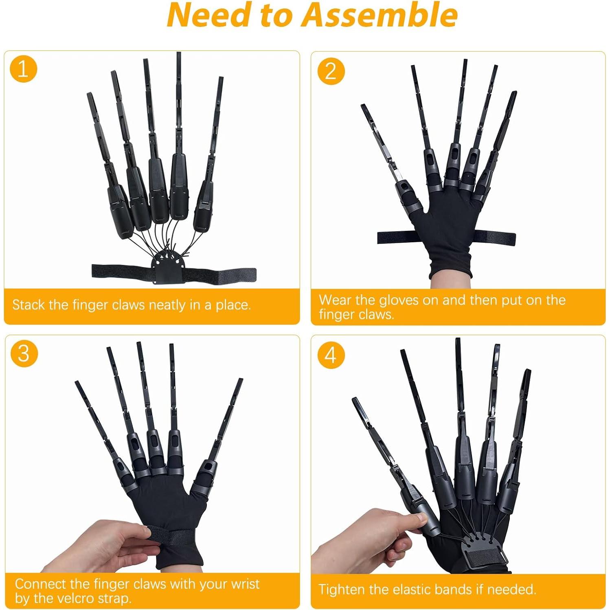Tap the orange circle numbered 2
pos(331,71)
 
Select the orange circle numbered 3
pos(24,353)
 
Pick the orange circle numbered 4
pos(331,355)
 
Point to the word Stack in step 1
pos(29,305)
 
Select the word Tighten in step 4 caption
pos(342,589)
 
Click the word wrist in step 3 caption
pos(245,584)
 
